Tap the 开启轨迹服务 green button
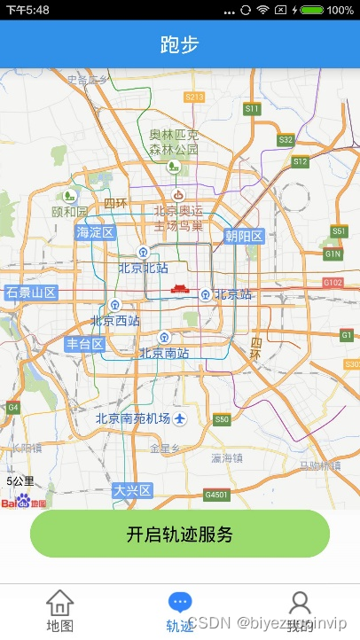pyautogui.click(x=180, y=534)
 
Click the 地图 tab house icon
pyautogui.click(x=59, y=604)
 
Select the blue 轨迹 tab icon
pyautogui.click(x=180, y=604)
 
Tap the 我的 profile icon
pyautogui.click(x=301, y=604)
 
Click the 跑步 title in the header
pyautogui.click(x=180, y=44)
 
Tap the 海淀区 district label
pyautogui.click(x=96, y=233)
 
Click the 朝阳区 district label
pyautogui.click(x=244, y=236)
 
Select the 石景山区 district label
pyautogui.click(x=31, y=293)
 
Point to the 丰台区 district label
pyautogui.click(x=85, y=344)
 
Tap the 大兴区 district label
pyautogui.click(x=133, y=490)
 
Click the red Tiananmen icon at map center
pyautogui.click(x=181, y=290)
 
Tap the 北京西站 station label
pyautogui.click(x=115, y=321)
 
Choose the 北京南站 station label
pyautogui.click(x=164, y=353)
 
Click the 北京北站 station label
pyautogui.click(x=144, y=268)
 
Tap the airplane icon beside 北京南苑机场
pyautogui.click(x=182, y=418)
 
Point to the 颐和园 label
pyautogui.click(x=70, y=212)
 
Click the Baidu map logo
pyautogui.click(x=24, y=502)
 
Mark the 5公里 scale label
pyautogui.click(x=20, y=481)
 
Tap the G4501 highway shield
pyautogui.click(x=215, y=494)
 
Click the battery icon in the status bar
pyautogui.click(x=311, y=10)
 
